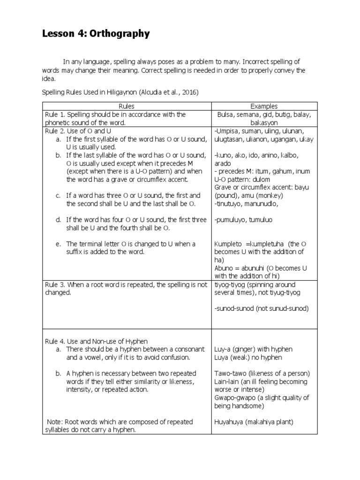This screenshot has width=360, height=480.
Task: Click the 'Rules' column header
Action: pyautogui.click(x=126, y=106)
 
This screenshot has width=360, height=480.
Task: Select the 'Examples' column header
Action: pyautogui.click(x=264, y=106)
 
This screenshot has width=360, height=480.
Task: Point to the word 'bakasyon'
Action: pyautogui.click(x=264, y=122)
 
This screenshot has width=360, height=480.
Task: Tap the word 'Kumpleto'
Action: pyautogui.click(x=228, y=244)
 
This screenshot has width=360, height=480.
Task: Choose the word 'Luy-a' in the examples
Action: pyautogui.click(x=222, y=349)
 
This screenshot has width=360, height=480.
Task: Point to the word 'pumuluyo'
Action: pyautogui.click(x=231, y=220)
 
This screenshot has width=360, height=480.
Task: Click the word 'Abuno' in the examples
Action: pyautogui.click(x=224, y=268)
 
